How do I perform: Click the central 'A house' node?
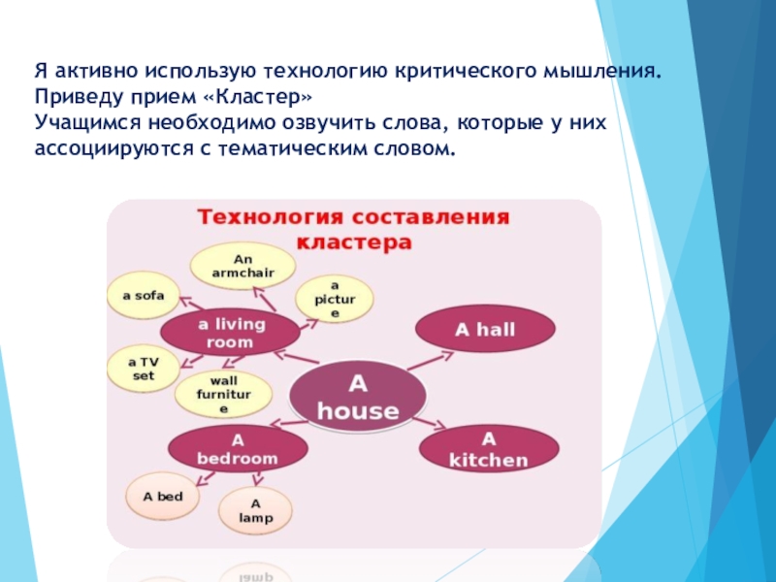(x=358, y=397)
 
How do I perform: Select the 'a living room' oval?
(x=231, y=333)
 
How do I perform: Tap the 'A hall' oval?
(x=485, y=331)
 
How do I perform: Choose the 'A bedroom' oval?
(x=237, y=448)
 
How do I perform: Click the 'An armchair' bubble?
(x=242, y=266)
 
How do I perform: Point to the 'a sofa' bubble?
(x=143, y=295)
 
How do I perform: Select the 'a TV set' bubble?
(x=143, y=369)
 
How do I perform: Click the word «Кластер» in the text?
(x=266, y=98)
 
